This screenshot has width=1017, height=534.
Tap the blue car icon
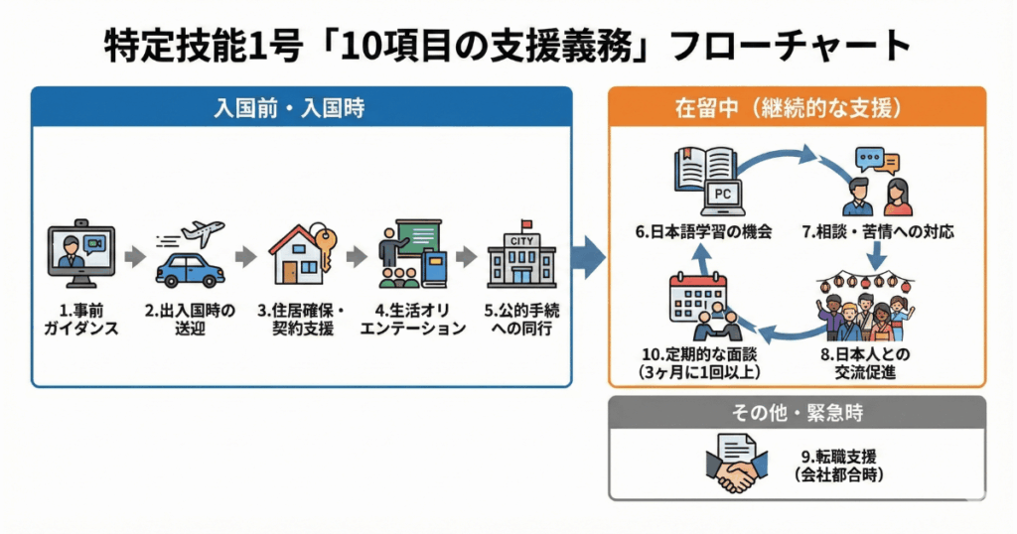pos(190,269)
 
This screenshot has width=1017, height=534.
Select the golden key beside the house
pos(326,243)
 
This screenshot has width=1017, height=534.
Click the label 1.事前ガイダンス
pos(80,320)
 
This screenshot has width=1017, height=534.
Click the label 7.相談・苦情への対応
pos(877,233)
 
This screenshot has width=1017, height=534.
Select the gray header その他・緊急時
pos(796,411)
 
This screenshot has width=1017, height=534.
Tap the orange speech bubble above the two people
pos(886,164)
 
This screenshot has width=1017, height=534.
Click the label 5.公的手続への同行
pos(521,320)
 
